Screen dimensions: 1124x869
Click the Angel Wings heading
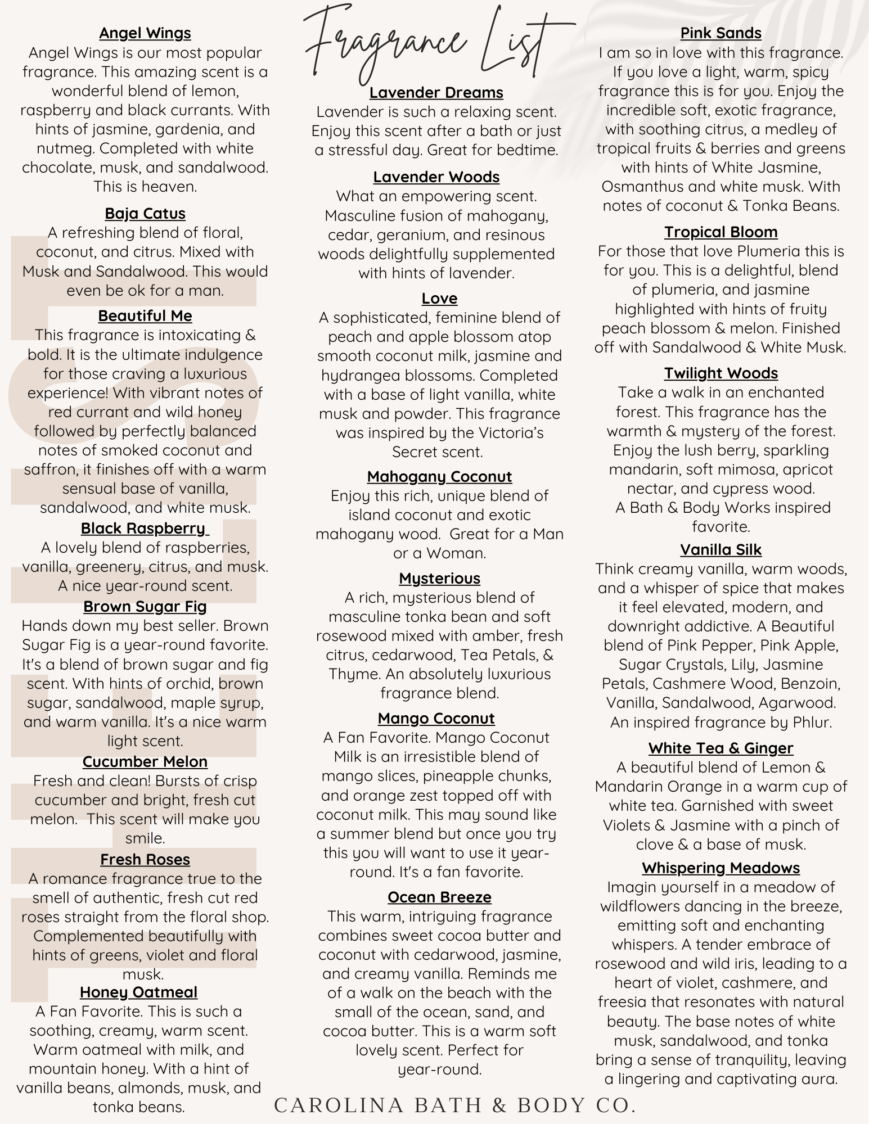coord(145,33)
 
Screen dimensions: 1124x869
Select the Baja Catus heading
coord(145,214)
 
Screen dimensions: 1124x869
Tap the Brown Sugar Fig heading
coord(145,607)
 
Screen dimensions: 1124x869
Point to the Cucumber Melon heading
coord(145,762)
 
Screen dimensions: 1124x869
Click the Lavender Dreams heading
coord(436,93)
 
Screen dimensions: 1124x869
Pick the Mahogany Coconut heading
coord(439,477)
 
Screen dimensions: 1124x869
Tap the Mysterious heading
coord(439,579)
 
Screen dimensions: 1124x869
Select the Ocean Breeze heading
coord(439,897)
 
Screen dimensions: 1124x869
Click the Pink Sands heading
coord(721,33)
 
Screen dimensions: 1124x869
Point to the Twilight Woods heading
coord(721,373)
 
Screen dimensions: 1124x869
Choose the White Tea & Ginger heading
coord(721,748)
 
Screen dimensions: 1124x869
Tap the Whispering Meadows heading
coord(721,868)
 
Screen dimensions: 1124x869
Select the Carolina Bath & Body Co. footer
coord(455,1105)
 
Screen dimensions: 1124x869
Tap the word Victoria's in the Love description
coord(523,433)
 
